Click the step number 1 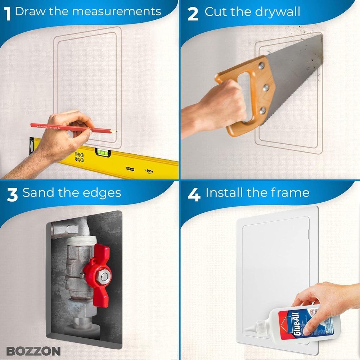7,14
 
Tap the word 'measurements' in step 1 116,11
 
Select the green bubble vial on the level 102,153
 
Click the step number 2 193,14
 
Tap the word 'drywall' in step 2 277,12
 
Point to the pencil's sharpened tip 115,132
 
